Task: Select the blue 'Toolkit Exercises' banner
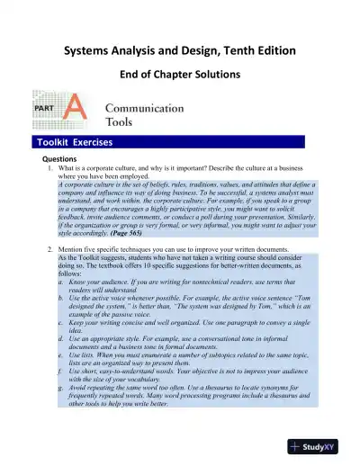pyautogui.click(x=76, y=141)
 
